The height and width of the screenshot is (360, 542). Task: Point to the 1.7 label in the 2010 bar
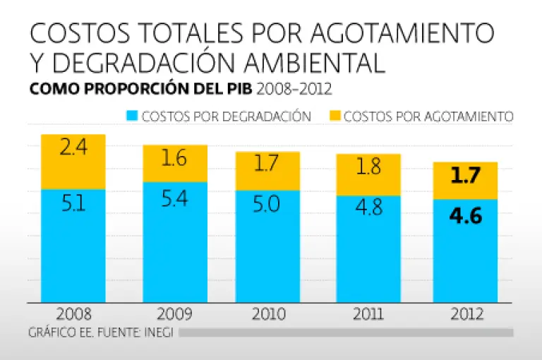pos(267,164)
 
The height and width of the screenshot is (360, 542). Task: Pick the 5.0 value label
pos(267,205)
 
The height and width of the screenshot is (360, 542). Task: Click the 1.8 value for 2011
pos(369,167)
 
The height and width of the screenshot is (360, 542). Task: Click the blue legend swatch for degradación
pos(131,116)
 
